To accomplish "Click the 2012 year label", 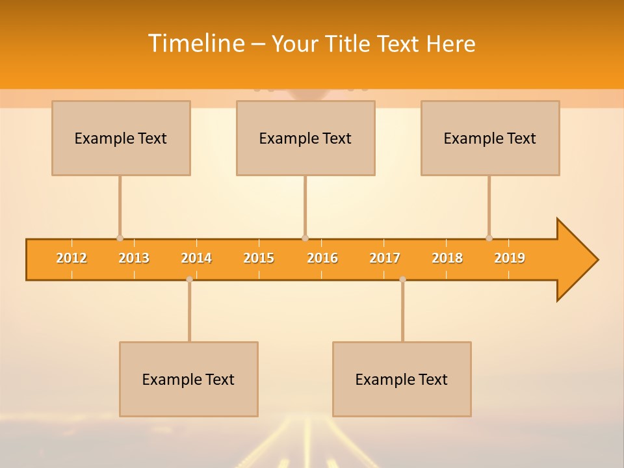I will click(71, 258).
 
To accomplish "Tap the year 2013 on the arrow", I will click(134, 258).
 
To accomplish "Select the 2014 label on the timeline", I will click(196, 258).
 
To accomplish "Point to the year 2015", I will click(259, 258).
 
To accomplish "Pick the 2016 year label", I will click(322, 258).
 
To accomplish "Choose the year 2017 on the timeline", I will click(385, 258).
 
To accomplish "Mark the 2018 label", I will click(447, 258).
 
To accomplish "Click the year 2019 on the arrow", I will click(510, 258).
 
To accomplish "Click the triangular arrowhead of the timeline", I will click(576, 260).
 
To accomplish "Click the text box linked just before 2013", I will click(121, 138).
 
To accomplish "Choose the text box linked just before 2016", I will click(305, 138).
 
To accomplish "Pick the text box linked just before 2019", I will click(490, 138).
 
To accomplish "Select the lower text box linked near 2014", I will click(188, 379).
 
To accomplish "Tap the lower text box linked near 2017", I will click(402, 379).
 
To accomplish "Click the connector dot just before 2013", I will click(120, 238).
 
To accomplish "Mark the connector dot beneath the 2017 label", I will click(402, 279).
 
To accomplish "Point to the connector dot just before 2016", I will click(305, 238).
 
